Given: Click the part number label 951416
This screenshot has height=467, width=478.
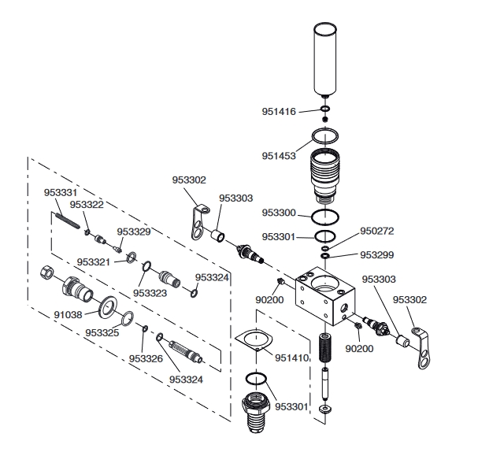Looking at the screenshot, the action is pos(279,112).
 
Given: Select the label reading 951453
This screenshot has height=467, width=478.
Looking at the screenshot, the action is pos(279,156).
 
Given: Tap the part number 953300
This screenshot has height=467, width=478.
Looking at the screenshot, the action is pos(279,213).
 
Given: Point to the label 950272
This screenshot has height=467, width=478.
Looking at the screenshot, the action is pos(377,231).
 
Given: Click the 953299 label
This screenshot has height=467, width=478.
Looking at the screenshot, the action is pos(377,255).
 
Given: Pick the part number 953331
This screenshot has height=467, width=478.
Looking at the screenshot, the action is pos(61,193).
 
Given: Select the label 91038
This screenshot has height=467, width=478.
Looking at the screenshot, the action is pos(68,314).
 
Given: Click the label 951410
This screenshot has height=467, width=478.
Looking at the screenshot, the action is pos(292,358).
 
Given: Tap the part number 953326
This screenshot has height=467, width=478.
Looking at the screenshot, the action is pos(146,359).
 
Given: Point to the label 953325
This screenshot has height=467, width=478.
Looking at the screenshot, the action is pos(102,332).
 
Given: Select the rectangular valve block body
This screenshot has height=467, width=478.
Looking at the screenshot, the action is pos(325,295).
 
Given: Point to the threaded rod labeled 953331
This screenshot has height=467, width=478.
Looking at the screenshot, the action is pos(68,221).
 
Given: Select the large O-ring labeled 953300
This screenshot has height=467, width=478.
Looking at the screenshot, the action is pos(325,217).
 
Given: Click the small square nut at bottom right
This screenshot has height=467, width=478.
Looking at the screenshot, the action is pos(325,409).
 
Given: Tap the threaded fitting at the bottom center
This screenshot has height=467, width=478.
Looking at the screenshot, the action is pos(256,412).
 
